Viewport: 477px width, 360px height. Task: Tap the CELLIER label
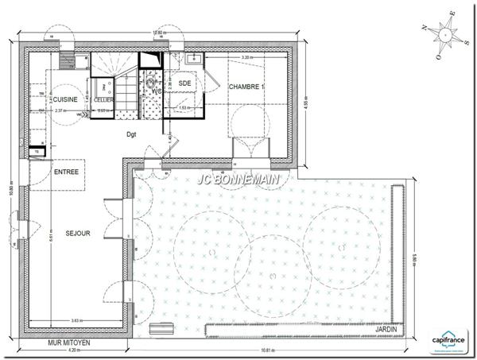tap(103, 99)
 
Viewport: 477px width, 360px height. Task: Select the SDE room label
tap(184, 83)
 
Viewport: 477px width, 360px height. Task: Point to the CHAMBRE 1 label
tap(246, 86)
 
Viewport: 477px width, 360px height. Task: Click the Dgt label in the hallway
tap(131, 134)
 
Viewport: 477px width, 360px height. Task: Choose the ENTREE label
tap(66, 172)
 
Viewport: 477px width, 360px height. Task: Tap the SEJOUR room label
tap(78, 234)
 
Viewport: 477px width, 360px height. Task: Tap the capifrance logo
tap(449, 338)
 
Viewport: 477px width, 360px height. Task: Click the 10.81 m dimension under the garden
tap(270, 350)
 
